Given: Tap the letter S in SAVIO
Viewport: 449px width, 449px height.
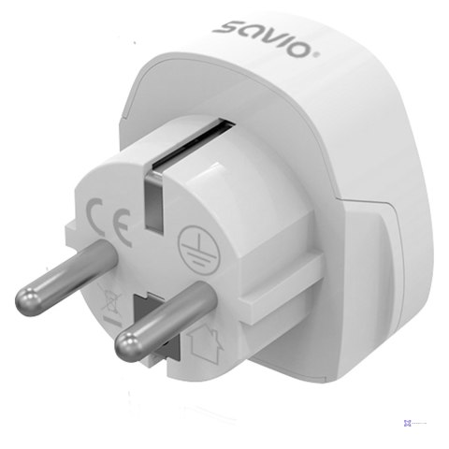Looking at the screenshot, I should pyautogui.click(x=224, y=27).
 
